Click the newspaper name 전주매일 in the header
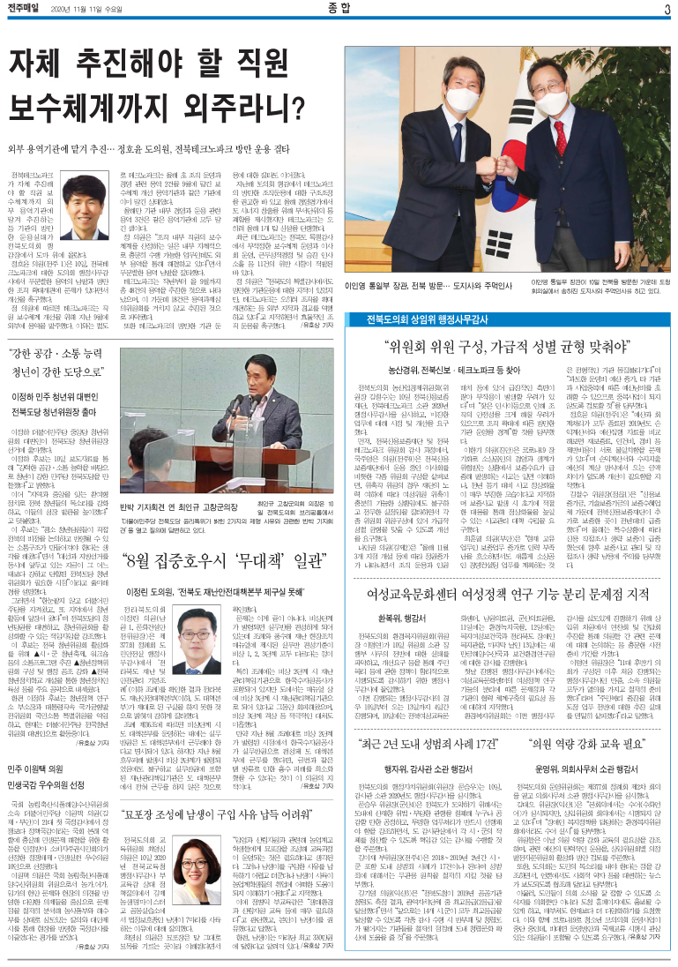[26, 9]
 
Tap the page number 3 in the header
[667, 9]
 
